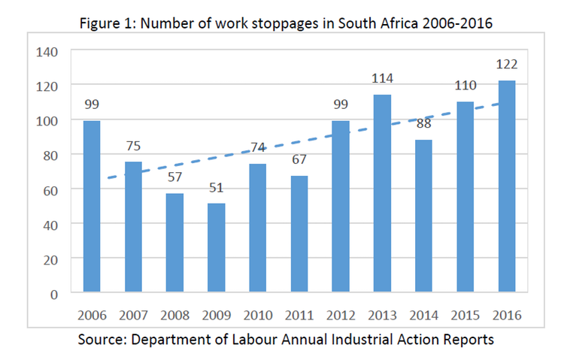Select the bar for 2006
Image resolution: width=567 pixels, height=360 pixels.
[x=92, y=206]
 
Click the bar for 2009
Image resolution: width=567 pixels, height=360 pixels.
[x=217, y=247]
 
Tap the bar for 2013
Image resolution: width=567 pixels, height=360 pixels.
[x=381, y=193]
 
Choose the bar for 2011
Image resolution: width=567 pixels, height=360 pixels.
[x=299, y=234]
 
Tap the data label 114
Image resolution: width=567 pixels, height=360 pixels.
[x=381, y=78]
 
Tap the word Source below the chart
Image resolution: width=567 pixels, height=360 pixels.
[x=102, y=339]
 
